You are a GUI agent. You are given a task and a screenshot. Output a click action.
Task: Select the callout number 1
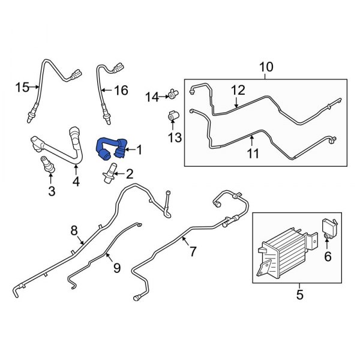140,149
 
